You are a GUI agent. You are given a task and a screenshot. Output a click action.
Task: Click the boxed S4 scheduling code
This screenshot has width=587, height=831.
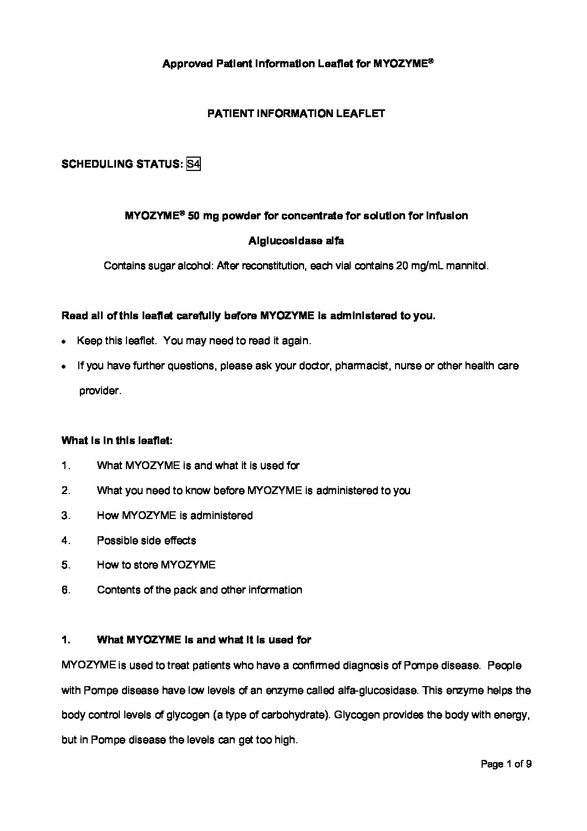pyautogui.click(x=193, y=164)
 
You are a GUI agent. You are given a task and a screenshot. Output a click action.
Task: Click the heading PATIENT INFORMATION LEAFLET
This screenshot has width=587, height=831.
pyautogui.click(x=296, y=114)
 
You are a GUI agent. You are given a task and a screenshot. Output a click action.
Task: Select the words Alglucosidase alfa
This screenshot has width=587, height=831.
pyautogui.click(x=296, y=241)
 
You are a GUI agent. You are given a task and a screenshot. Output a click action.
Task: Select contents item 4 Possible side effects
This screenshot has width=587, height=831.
pyautogui.click(x=146, y=541)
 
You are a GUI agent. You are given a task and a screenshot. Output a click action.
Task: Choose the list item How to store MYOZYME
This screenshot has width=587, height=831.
pyautogui.click(x=156, y=566)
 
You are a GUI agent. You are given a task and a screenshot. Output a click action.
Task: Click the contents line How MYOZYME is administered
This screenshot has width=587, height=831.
pyautogui.click(x=175, y=516)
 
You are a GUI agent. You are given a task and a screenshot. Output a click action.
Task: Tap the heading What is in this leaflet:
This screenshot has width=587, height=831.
pyautogui.click(x=117, y=441)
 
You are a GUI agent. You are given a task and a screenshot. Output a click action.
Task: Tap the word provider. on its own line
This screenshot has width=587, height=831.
pyautogui.click(x=100, y=391)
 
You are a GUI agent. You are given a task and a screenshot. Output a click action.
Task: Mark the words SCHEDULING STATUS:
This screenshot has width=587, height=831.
pyautogui.click(x=122, y=164)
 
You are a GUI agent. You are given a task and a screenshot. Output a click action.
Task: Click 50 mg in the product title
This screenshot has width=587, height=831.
pyautogui.click(x=203, y=216)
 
